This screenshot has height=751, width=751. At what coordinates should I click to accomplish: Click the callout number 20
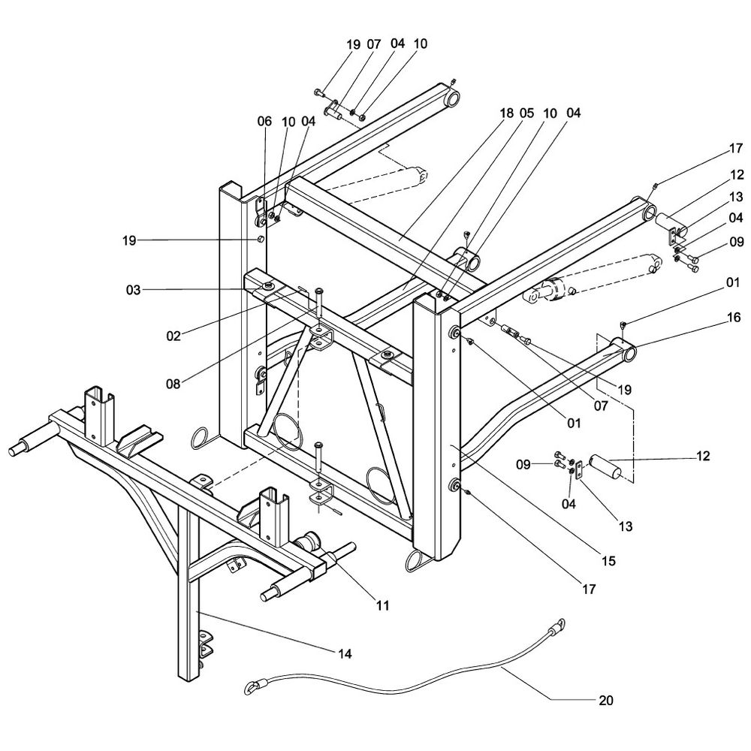tap(606, 701)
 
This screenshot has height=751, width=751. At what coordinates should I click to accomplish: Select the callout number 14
tap(344, 653)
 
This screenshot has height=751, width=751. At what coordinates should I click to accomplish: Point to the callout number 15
tap(608, 560)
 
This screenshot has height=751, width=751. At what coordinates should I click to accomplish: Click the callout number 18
tap(506, 113)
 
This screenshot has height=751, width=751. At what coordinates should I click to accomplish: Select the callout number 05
tap(526, 113)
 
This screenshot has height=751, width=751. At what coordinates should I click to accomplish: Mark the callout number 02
tap(173, 336)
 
